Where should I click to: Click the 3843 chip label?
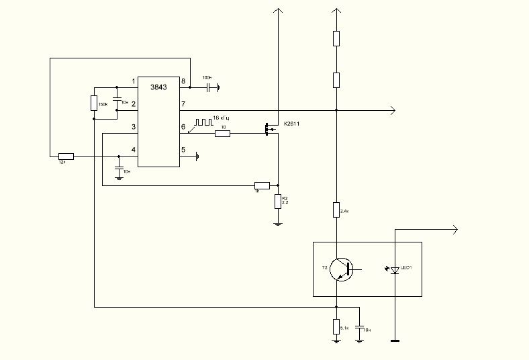(158, 87)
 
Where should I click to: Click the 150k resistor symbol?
(94, 103)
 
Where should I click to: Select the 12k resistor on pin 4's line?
(66, 156)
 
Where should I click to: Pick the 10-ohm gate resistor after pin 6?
(222, 134)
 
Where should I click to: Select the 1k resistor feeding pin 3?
(262, 185)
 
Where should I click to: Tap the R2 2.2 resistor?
(278, 201)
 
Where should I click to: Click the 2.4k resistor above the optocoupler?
(336, 210)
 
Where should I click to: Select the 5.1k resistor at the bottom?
(336, 326)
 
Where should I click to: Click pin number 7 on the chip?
(183, 104)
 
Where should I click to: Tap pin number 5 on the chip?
(183, 150)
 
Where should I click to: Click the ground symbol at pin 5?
(197, 156)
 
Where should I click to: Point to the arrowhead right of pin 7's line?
(392, 110)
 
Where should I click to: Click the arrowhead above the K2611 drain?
(277, 11)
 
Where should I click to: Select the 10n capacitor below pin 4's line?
(119, 169)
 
